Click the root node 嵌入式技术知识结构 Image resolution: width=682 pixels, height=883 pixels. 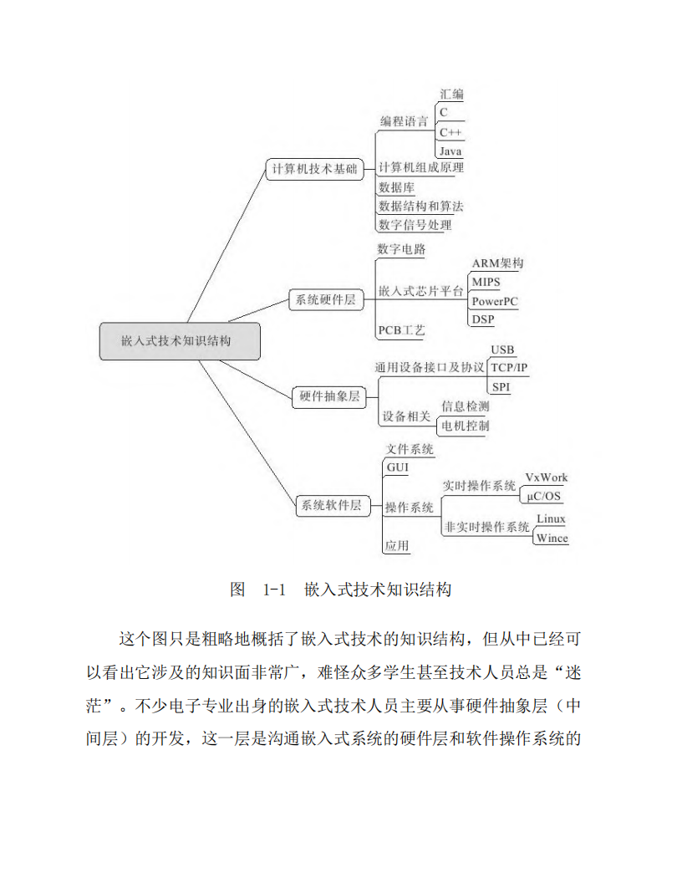tap(180, 341)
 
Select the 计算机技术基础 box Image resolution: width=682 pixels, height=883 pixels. tap(314, 169)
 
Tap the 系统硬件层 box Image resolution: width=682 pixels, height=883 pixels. tap(326, 299)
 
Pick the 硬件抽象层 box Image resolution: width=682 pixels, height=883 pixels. tap(329, 396)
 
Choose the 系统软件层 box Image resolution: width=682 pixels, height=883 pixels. tap(333, 505)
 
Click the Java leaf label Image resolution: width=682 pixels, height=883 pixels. tap(450, 151)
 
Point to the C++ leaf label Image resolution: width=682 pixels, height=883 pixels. tap(450, 132)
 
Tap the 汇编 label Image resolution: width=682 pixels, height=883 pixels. tap(452, 94)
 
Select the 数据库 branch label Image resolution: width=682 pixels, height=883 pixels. tap(397, 187)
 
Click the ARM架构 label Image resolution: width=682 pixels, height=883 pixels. tap(497, 263)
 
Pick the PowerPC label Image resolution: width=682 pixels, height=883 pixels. tap(495, 301)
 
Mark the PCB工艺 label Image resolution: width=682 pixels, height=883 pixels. tap(402, 330)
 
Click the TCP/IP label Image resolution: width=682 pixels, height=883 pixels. tap(509, 368)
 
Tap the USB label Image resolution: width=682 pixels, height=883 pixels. tap(502, 350)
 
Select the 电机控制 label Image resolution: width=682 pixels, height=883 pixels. tap(466, 426)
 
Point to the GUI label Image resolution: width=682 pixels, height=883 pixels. tap(398, 467)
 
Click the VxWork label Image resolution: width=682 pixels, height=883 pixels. tap(547, 477)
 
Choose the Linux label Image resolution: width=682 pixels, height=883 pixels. tap(551, 518)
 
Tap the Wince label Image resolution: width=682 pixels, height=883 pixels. tap(552, 538)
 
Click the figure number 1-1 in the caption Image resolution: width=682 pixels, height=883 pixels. tap(274, 590)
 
